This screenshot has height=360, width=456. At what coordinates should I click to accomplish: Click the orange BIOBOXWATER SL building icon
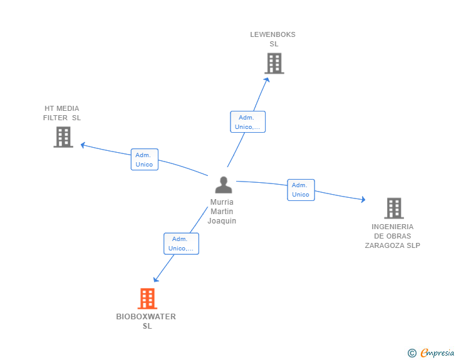click(x=147, y=299)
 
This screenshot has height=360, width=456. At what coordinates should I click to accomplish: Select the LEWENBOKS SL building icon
click(x=274, y=63)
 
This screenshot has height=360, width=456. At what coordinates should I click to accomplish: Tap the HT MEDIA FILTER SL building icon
click(x=63, y=137)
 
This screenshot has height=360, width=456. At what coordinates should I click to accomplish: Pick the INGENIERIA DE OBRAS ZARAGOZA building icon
click(x=393, y=208)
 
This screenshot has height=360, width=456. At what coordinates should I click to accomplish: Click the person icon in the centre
click(x=223, y=185)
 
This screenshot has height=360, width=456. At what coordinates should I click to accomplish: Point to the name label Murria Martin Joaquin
click(x=222, y=212)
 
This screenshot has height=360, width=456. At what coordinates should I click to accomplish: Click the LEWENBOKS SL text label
click(x=273, y=39)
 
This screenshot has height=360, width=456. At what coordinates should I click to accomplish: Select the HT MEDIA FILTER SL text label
click(x=62, y=113)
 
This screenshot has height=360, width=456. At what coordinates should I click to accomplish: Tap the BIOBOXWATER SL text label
click(x=146, y=321)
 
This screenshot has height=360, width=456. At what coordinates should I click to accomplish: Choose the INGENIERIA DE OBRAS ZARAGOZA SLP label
click(x=393, y=236)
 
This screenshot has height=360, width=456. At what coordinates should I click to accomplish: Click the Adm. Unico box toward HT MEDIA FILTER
click(x=144, y=160)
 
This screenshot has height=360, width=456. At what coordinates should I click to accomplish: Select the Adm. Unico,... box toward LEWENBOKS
click(x=247, y=122)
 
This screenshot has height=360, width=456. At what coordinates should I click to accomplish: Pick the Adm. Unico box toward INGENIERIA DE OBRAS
click(x=301, y=190)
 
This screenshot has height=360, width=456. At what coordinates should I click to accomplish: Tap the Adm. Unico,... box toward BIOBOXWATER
click(x=181, y=244)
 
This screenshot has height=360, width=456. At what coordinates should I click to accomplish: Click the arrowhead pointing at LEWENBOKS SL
click(x=267, y=79)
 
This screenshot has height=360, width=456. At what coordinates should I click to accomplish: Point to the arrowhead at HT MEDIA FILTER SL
click(x=83, y=145)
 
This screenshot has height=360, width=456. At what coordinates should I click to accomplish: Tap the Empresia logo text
click(x=437, y=353)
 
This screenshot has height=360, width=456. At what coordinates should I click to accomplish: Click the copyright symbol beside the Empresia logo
click(x=412, y=353)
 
